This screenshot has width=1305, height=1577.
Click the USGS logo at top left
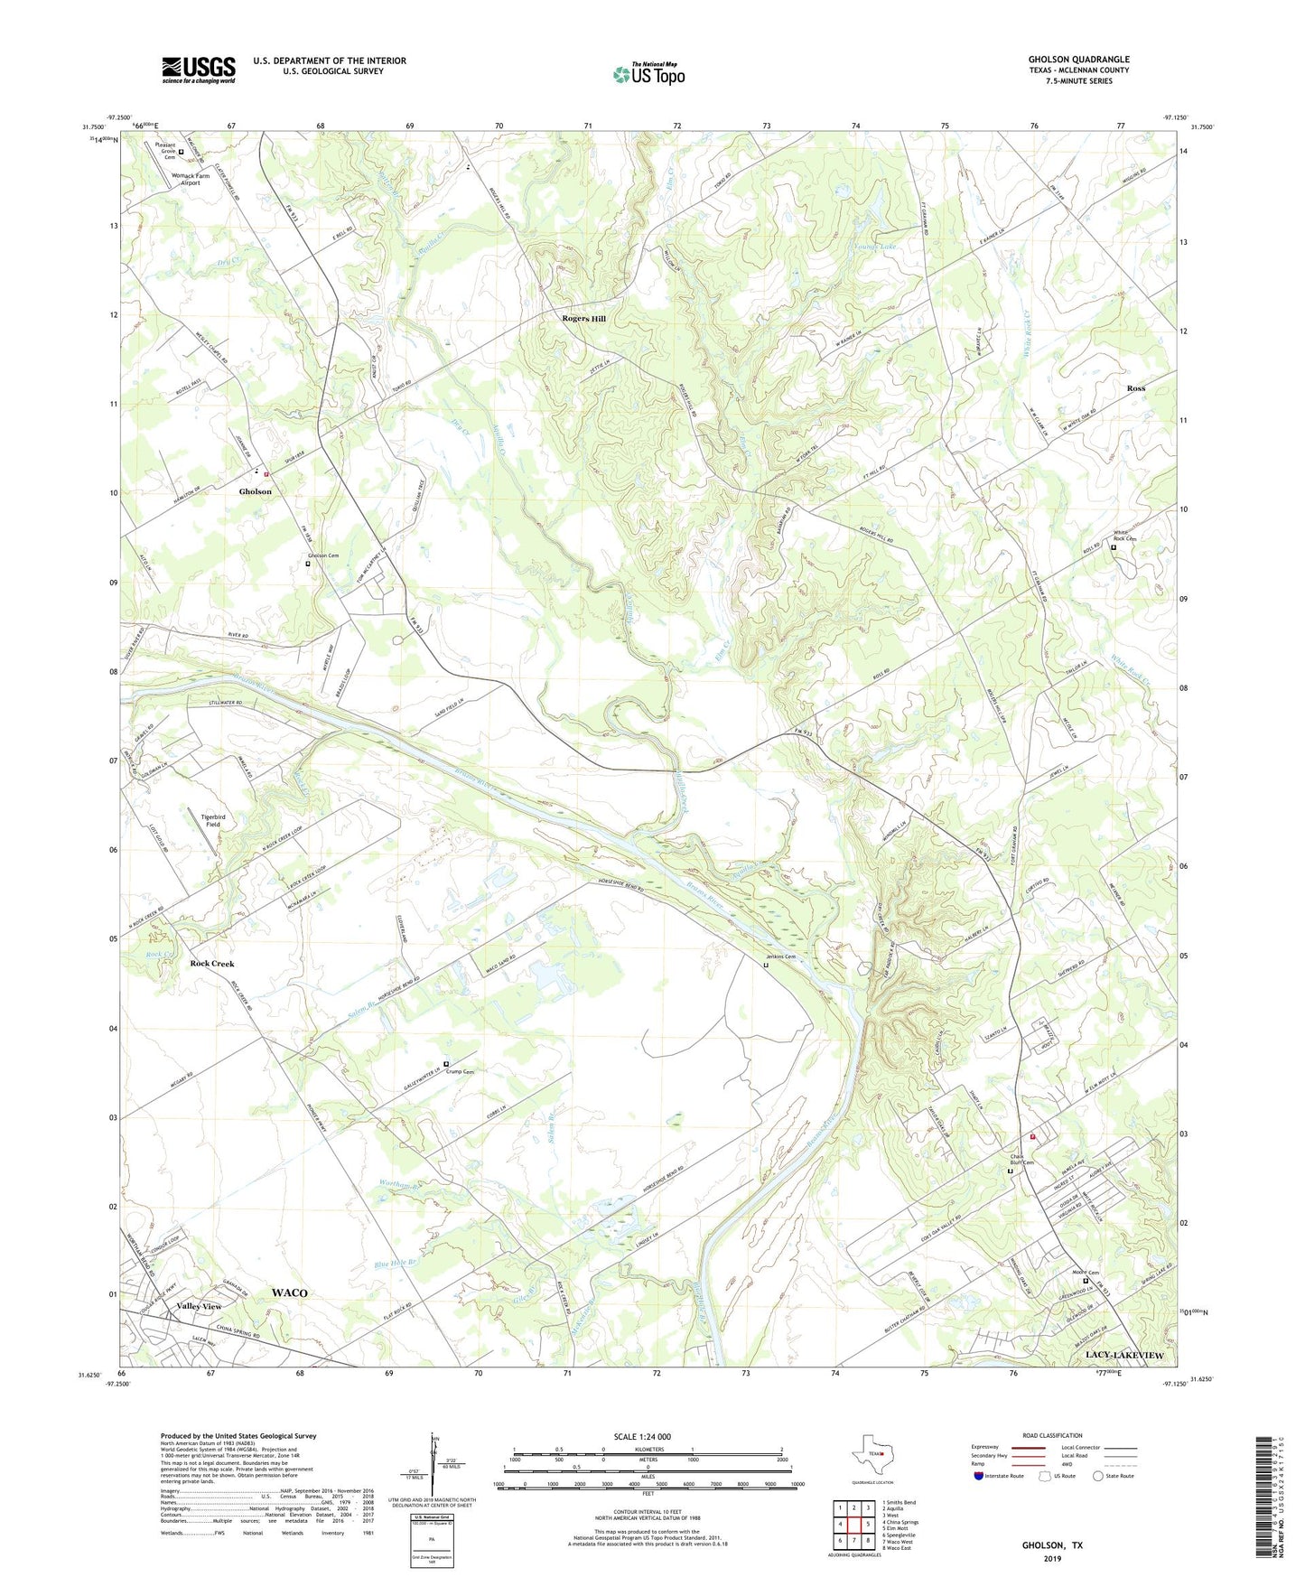coord(199,70)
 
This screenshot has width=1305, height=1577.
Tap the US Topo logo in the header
coord(648,73)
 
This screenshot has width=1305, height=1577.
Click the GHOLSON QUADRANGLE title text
coord(1078,60)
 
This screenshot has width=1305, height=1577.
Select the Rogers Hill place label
coord(584,319)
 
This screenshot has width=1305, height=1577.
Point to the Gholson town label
coord(255,491)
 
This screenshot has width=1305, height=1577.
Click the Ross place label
coord(1135,388)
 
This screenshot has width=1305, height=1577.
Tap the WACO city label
coord(289,1292)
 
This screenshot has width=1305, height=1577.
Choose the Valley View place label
coord(200,1306)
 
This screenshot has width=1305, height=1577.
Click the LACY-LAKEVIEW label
coord(1124,1356)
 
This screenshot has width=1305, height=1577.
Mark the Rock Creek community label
coord(212,964)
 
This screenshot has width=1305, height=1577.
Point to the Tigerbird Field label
coord(212,820)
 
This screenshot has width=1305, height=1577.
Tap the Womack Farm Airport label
coord(190,179)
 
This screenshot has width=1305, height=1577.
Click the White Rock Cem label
coord(1123,537)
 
